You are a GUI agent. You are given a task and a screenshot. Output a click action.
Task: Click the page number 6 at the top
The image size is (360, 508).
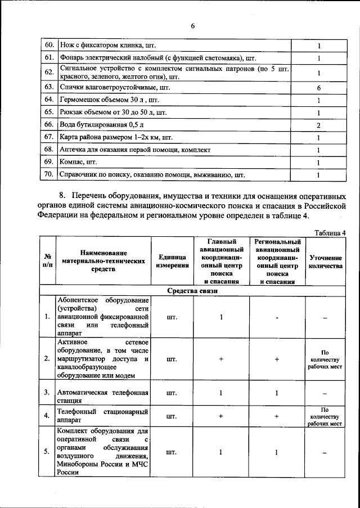[x=192, y=26]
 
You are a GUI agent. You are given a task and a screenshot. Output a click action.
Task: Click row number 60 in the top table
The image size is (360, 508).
[x=49, y=44]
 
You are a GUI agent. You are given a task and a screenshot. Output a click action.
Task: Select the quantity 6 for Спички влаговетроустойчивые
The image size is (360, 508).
[x=318, y=88]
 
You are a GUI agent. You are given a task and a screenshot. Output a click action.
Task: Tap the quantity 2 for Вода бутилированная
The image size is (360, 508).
[x=318, y=125]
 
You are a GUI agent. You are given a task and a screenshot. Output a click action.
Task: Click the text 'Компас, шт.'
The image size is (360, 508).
[x=79, y=162]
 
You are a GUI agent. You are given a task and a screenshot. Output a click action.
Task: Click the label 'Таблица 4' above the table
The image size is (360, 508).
[x=330, y=232]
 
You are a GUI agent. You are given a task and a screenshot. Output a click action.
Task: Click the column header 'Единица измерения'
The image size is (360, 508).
[x=173, y=261]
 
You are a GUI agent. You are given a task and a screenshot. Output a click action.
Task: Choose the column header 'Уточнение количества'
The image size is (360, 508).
[x=326, y=261]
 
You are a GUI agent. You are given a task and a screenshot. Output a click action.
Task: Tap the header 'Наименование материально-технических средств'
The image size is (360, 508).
[x=103, y=261]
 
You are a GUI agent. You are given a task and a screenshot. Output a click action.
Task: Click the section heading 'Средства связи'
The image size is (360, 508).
[x=192, y=291]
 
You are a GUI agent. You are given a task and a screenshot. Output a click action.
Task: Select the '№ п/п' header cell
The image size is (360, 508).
[x=47, y=261]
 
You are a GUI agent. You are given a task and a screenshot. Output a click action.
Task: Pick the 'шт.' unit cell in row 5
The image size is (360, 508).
[x=173, y=452]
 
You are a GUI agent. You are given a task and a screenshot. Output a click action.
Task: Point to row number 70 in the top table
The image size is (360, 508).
[x=49, y=174]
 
